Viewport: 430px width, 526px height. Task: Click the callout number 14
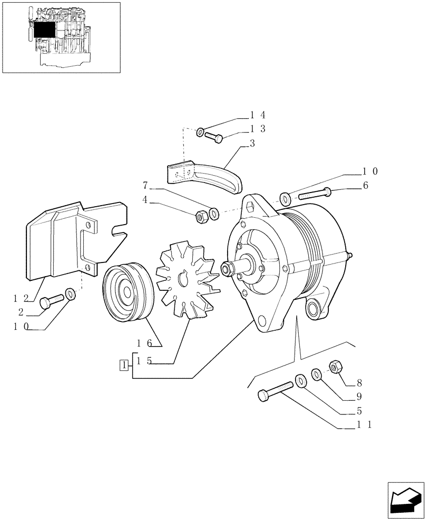(x=258, y=115)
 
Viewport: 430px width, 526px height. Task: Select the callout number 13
(x=258, y=129)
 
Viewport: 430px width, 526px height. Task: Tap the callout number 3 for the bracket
(x=252, y=144)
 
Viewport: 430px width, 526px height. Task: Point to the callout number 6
(x=365, y=186)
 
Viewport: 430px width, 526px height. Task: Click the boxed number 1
(x=123, y=365)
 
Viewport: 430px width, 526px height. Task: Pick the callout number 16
(x=144, y=343)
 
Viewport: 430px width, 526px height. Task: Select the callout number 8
(x=359, y=382)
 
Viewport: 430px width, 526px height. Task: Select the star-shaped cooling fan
(x=187, y=279)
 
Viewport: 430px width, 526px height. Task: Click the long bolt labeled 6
(x=315, y=194)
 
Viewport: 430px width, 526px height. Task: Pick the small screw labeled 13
(x=214, y=137)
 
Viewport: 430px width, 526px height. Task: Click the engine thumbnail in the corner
(x=61, y=37)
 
